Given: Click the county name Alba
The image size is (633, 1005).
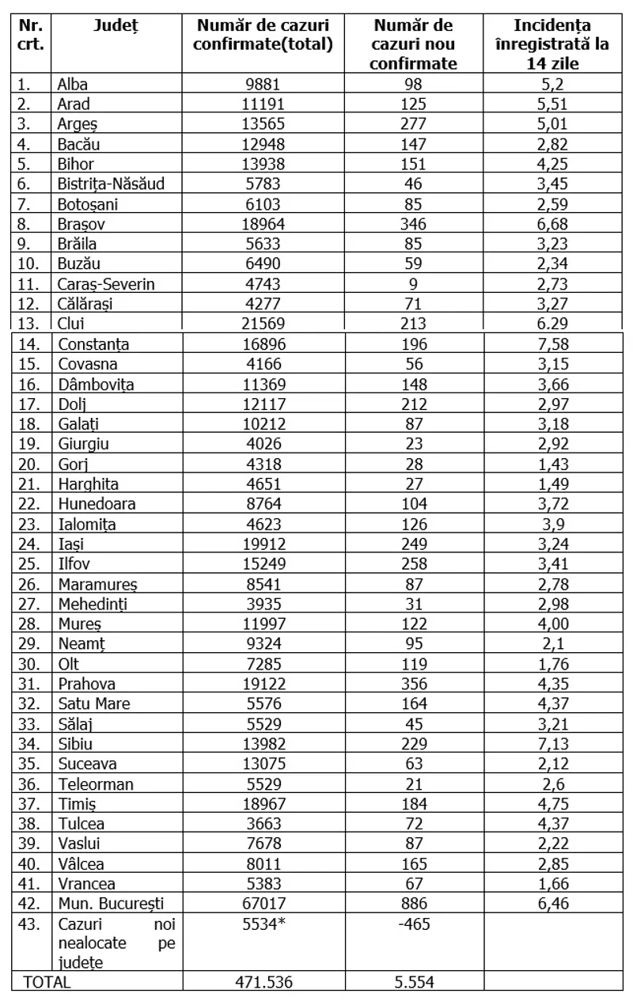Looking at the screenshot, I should pyautogui.click(x=74, y=84).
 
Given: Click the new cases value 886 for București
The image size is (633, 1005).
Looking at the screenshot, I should pyautogui.click(x=413, y=903).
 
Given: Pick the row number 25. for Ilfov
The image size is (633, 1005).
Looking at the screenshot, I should pyautogui.click(x=28, y=563).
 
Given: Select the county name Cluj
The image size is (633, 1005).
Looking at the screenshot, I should pyautogui.click(x=71, y=324).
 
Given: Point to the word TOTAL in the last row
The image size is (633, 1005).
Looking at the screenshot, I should pyautogui.click(x=47, y=982).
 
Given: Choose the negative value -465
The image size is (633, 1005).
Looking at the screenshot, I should pyautogui.click(x=413, y=923).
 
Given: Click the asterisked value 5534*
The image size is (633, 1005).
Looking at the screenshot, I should pyautogui.click(x=263, y=923).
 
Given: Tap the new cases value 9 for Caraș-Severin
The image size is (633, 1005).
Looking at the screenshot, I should pyautogui.click(x=413, y=284).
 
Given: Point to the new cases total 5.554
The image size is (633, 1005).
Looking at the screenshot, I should pyautogui.click(x=413, y=982).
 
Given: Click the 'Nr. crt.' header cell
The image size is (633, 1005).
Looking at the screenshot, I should pyautogui.click(x=31, y=35).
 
